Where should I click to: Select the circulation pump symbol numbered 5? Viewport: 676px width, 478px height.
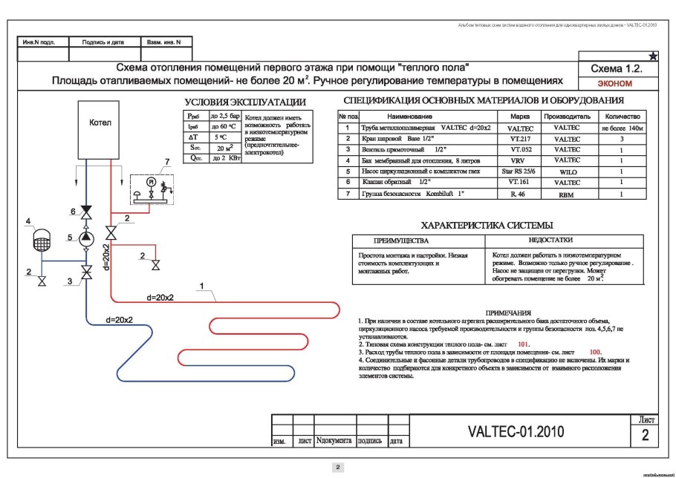(x=87, y=238)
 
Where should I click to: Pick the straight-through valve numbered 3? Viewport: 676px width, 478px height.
(x=87, y=273)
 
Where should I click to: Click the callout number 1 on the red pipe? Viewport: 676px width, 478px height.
(x=200, y=284)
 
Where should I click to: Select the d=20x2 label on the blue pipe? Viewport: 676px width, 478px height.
(x=120, y=321)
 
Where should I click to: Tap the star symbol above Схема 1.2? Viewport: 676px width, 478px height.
(x=653, y=56)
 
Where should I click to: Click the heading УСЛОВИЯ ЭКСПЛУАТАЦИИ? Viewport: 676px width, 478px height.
(x=245, y=102)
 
